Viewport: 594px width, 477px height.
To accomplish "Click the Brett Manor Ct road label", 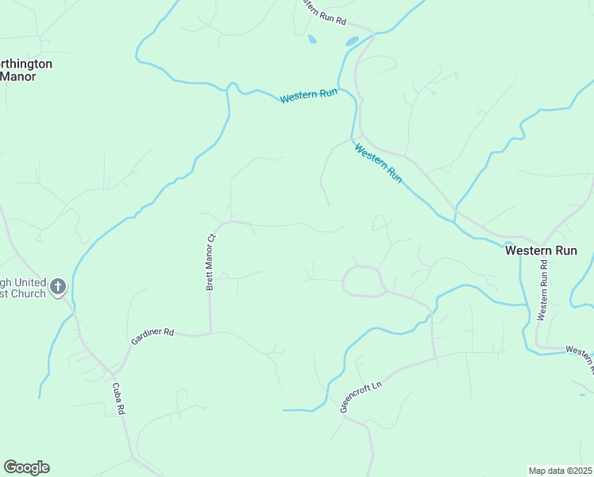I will (210, 261).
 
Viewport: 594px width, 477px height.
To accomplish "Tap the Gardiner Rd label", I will (152, 336).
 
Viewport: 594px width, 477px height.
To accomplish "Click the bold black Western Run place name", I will (541, 250).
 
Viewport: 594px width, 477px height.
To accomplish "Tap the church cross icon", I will (57, 286).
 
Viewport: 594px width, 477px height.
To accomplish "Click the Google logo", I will (26, 467).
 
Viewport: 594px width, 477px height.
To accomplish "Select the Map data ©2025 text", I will (559, 471).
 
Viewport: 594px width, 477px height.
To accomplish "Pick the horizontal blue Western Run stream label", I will (308, 96).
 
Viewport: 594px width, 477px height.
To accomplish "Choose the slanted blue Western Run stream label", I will (379, 163).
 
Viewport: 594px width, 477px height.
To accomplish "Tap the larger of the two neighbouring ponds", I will (351, 41).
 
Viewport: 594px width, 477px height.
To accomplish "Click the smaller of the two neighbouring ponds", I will (312, 38).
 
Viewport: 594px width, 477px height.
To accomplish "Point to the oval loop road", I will (362, 281).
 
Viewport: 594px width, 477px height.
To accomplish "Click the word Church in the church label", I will (29, 294).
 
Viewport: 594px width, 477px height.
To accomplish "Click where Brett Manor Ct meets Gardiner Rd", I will (210, 333).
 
